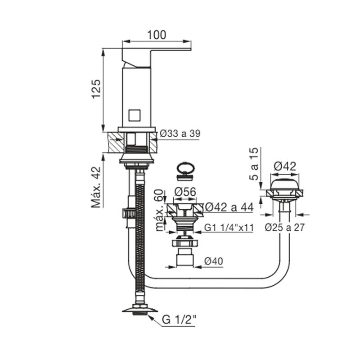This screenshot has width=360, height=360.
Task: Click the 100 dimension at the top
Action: point(156,35)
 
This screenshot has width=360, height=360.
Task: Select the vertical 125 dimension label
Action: point(96,89)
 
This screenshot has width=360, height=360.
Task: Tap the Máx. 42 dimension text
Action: point(96,187)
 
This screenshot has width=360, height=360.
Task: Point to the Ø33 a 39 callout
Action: point(180,133)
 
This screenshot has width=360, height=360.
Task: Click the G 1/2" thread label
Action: point(179,319)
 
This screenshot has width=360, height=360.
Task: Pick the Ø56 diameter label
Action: point(185,192)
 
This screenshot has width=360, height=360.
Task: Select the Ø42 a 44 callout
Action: point(229,207)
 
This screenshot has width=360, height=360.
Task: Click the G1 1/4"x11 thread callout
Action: point(229,228)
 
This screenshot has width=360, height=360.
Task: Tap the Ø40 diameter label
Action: point(213,261)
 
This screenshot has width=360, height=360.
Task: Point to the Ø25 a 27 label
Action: point(285,228)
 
